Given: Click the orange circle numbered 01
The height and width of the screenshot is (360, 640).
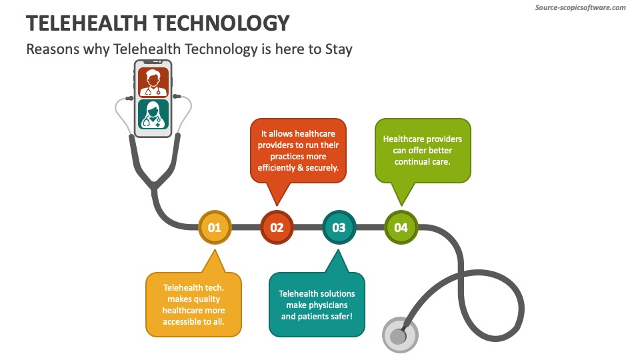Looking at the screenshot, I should click(215, 227).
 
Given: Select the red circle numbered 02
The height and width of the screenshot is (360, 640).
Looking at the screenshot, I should click(277, 227).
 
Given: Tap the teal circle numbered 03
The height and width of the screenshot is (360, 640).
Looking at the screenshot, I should click(339, 227).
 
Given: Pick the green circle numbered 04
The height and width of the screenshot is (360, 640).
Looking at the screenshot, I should click(401, 227).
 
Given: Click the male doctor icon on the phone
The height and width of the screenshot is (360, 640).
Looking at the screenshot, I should click(153, 83).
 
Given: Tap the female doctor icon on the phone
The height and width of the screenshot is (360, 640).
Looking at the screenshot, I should click(153, 114).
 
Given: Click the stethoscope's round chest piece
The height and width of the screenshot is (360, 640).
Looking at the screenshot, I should click(399, 336).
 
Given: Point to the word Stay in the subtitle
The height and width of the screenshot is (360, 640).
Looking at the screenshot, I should click(339, 49).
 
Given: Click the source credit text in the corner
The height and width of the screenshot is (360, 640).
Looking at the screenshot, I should click(581, 7).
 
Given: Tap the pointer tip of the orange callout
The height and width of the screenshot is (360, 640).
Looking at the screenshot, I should click(215, 251).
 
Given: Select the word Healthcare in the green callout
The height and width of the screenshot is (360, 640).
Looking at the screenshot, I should click(403, 139).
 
